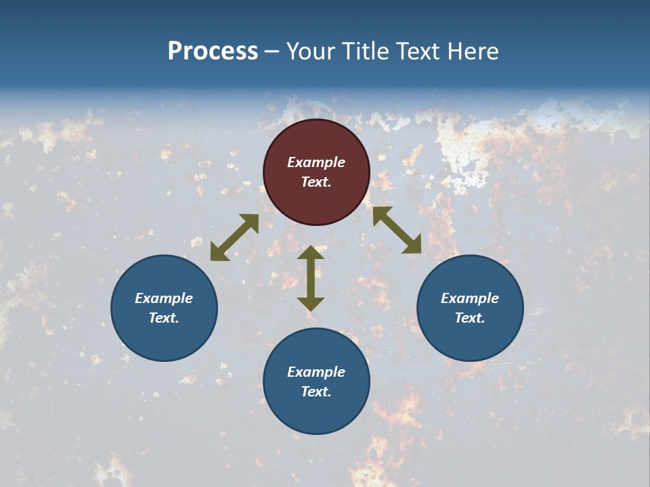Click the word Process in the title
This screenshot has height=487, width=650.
pos(213,51)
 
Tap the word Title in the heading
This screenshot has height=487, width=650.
pos(366,51)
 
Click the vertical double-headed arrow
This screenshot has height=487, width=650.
pos(311,278)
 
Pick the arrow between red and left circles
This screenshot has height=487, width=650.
pos(234,237)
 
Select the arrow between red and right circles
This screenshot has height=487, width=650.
pos(397,230)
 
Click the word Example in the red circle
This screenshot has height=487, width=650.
pos(316,162)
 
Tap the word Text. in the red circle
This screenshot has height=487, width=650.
pos(316,182)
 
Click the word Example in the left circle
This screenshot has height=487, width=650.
pos(164,298)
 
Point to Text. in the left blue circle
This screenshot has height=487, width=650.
pos(164,318)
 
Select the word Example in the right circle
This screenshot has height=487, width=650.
pos(470,298)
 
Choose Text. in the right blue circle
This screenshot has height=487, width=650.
pos(470,318)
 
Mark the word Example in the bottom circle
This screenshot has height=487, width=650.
pos(316,372)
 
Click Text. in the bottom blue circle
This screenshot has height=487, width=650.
pos(316,392)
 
